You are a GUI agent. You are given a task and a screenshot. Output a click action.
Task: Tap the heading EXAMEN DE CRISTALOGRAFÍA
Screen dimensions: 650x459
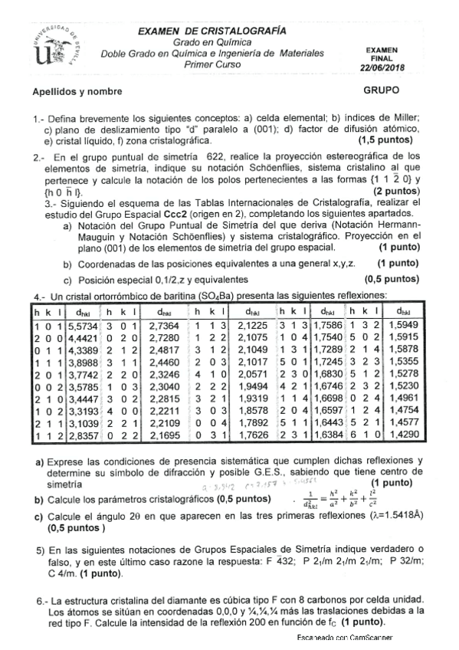click(x=212, y=31)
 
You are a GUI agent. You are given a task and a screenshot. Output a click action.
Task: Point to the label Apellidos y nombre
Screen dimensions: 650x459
click(x=77, y=92)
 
